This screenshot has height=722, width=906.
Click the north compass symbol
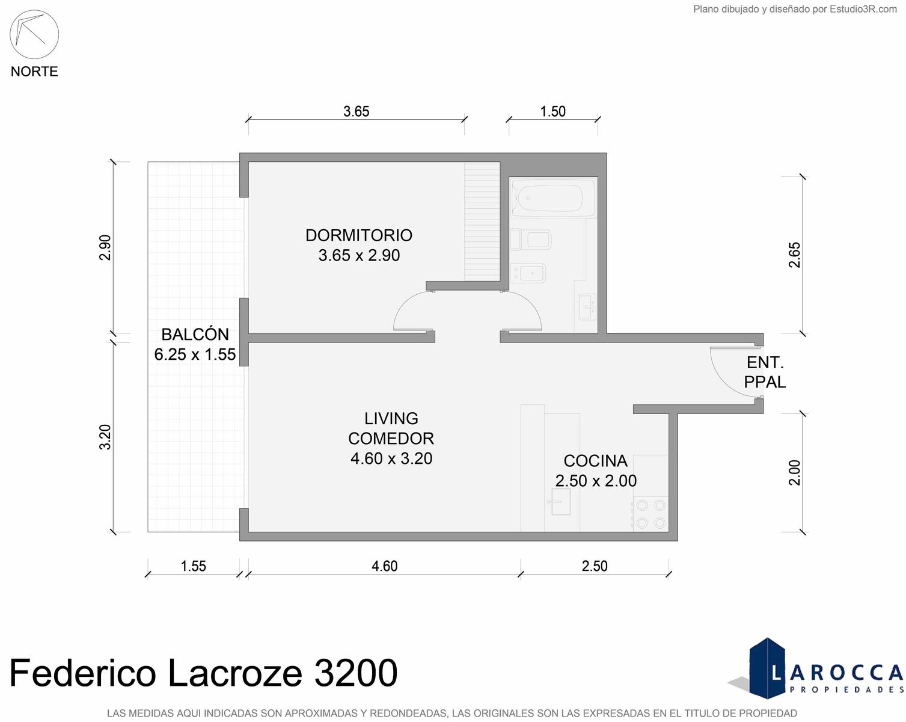point(34,34)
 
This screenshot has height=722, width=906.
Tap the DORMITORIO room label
point(359,235)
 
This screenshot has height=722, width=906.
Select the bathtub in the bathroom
point(552,197)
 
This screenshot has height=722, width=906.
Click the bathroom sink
point(587,306)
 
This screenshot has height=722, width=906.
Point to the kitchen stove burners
point(650,514)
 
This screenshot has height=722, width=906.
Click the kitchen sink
point(561,502)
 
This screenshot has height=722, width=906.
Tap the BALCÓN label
point(195,335)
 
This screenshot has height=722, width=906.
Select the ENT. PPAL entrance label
point(765,372)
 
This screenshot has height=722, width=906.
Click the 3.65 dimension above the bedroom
point(356,111)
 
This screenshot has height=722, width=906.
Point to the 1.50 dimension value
point(552,111)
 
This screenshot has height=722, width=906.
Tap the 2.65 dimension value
point(794,255)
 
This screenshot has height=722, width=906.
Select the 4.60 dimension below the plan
point(384,566)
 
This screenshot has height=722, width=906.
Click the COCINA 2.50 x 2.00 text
point(596,471)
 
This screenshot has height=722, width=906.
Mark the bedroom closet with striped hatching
point(482,221)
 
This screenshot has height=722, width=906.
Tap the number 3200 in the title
point(355,673)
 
